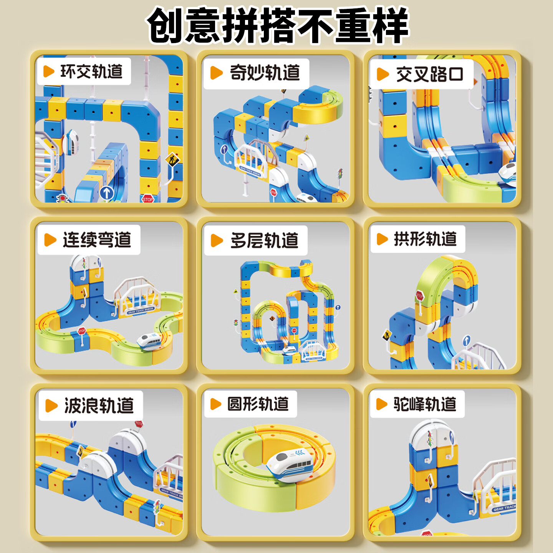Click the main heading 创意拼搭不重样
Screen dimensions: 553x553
278,25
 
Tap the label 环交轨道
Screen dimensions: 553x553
91,72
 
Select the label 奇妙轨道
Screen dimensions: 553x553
265,73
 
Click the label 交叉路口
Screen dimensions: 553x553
429,74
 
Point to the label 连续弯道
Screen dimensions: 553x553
97,240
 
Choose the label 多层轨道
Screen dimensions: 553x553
264,241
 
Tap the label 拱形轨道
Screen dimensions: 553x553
425,239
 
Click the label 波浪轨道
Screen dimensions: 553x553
99,406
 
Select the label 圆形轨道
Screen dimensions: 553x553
258,404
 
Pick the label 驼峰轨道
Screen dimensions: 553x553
425,404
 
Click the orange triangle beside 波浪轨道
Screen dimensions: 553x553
51,406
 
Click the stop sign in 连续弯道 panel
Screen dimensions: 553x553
82,331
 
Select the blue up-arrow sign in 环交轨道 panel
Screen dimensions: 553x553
107,193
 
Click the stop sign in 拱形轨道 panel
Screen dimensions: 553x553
419,296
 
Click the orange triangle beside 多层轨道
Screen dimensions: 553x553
217,241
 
